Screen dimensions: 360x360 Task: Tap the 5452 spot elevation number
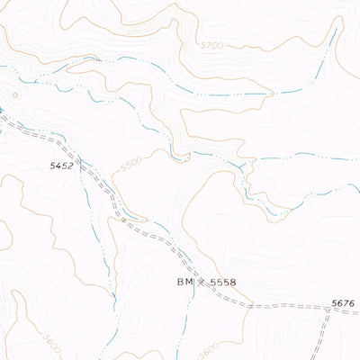point(61,166)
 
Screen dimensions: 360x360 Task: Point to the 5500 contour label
point(131,166)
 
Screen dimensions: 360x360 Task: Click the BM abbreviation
point(184,283)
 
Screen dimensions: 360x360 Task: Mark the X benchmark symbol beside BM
point(202,283)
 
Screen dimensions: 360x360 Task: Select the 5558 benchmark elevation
point(222,283)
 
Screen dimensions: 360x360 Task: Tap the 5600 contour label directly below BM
point(209,347)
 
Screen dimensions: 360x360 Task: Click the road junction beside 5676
point(329,309)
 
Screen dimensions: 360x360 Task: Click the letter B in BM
point(180,283)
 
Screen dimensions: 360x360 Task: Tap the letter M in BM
point(189,283)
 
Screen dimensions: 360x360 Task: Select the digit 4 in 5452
point(58,166)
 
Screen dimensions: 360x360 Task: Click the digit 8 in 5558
point(232,283)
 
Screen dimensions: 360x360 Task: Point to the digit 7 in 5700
point(203,43)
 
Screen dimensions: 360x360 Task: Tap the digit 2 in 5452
point(69,166)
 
